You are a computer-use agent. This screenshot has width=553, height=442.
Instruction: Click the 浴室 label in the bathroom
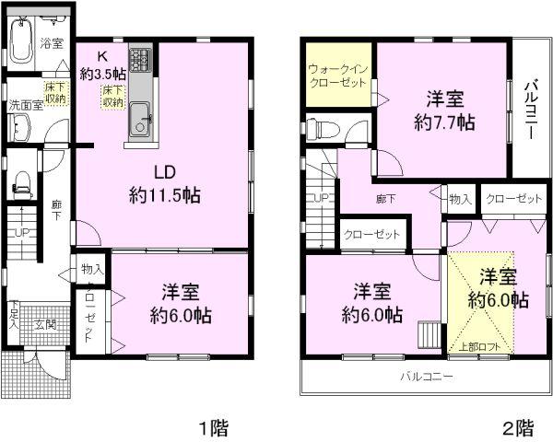pyautogui.click(x=53, y=43)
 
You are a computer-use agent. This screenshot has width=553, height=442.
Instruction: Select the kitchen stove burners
pyautogui.click(x=140, y=63)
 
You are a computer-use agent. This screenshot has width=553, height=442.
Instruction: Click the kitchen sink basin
pyautogui.click(x=141, y=117)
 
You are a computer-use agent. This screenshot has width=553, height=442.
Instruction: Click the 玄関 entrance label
pyautogui.click(x=46, y=323)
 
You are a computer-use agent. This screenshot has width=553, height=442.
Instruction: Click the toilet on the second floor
pyautogui.click(x=317, y=127)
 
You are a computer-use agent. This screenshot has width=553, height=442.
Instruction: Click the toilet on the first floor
pyautogui.click(x=23, y=184)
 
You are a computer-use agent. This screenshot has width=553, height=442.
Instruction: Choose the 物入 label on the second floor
pyautogui.click(x=460, y=199)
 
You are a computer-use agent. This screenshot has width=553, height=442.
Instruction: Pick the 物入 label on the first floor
pyautogui.click(x=91, y=269)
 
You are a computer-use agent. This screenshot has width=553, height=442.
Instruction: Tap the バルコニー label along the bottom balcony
pyautogui.click(x=426, y=377)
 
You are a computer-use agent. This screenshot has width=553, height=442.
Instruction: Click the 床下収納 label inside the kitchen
pyautogui.click(x=113, y=96)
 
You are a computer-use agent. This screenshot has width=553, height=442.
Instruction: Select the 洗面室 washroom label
pyautogui.click(x=26, y=106)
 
